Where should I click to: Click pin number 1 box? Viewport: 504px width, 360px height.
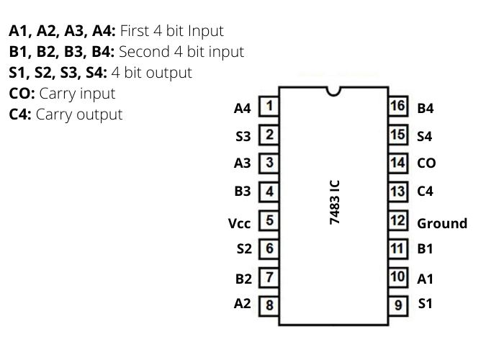(x=269, y=107)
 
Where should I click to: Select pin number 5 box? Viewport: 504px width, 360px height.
(x=269, y=220)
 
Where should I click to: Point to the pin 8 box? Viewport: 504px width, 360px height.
(x=269, y=305)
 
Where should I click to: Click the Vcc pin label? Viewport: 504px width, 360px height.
(x=240, y=223)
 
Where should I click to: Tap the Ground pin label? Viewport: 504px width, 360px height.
(x=441, y=223)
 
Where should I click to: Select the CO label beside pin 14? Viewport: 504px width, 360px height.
(x=426, y=163)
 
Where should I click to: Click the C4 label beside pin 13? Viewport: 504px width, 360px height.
(x=426, y=192)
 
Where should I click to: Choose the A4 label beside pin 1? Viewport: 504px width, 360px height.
(x=243, y=108)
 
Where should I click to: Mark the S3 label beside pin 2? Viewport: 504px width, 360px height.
(x=243, y=136)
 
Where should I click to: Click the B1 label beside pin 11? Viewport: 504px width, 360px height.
(x=425, y=249)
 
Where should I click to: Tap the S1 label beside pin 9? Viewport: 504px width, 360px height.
(x=426, y=303)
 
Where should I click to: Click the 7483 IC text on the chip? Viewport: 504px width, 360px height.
(x=335, y=203)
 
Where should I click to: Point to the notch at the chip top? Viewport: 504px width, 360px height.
(x=333, y=91)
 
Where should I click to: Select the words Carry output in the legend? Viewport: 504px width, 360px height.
(x=79, y=114)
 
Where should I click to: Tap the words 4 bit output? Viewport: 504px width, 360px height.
(x=152, y=72)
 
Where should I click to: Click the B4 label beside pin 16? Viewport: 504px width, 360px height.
(x=426, y=109)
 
